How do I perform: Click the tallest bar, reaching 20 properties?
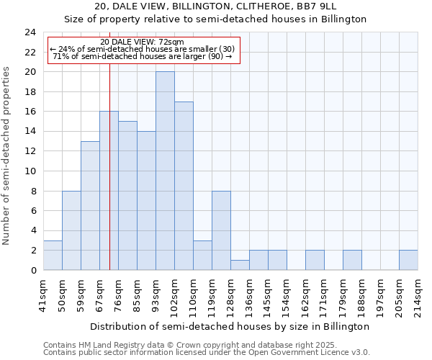165,171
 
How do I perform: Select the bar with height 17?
184,186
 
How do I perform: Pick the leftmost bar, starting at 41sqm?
53,255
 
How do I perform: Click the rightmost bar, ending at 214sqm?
408,261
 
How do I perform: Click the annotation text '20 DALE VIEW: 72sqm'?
142,42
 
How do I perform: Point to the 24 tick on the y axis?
30,32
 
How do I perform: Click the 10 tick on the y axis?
30,171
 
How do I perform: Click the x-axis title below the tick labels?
230,326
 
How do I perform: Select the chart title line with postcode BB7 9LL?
216,6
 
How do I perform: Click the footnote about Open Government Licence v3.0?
207,353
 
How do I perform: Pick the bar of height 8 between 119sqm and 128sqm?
221,230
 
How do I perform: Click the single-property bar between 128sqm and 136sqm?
240,265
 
